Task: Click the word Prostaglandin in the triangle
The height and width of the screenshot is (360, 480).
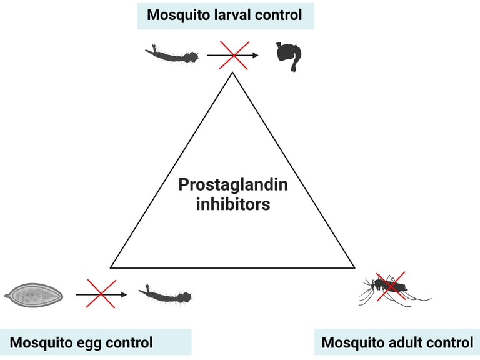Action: click(233, 185)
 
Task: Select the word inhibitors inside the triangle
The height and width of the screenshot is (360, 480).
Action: click(233, 204)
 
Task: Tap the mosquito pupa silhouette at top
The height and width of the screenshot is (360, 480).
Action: click(288, 57)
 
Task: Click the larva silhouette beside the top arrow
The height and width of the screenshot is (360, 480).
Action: click(172, 55)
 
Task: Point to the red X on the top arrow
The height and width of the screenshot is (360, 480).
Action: click(233, 56)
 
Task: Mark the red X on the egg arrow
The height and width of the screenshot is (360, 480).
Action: click(101, 293)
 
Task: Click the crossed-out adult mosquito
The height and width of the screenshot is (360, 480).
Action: click(391, 287)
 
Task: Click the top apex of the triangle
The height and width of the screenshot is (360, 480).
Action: click(232, 72)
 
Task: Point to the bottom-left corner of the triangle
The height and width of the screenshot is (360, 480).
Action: click(111, 267)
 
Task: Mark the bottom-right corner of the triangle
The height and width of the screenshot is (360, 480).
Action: click(354, 267)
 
